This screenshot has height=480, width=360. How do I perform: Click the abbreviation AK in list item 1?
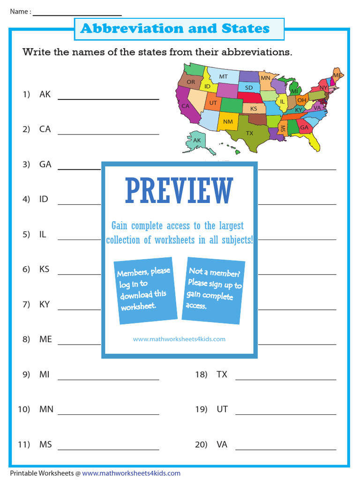click(x=45, y=94)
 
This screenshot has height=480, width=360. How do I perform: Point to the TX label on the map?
click(x=249, y=133)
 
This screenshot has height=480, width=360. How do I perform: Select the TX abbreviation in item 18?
click(x=222, y=374)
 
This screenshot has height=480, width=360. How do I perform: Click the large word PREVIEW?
click(x=179, y=191)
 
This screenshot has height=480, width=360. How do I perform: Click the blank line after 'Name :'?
click(x=77, y=15)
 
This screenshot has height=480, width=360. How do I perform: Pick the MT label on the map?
click(x=223, y=76)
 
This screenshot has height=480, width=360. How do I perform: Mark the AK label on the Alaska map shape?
click(x=197, y=140)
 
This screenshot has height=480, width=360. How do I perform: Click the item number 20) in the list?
click(x=201, y=444)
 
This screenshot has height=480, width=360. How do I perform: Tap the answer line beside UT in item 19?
click(x=285, y=414)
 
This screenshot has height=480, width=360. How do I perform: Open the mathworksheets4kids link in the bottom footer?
click(x=131, y=473)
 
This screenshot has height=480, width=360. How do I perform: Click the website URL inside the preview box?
click(x=179, y=339)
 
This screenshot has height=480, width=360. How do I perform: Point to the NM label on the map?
click(x=228, y=122)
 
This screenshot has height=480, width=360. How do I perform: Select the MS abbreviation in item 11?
click(x=45, y=444)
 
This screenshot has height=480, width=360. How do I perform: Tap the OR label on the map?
click(x=191, y=82)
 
